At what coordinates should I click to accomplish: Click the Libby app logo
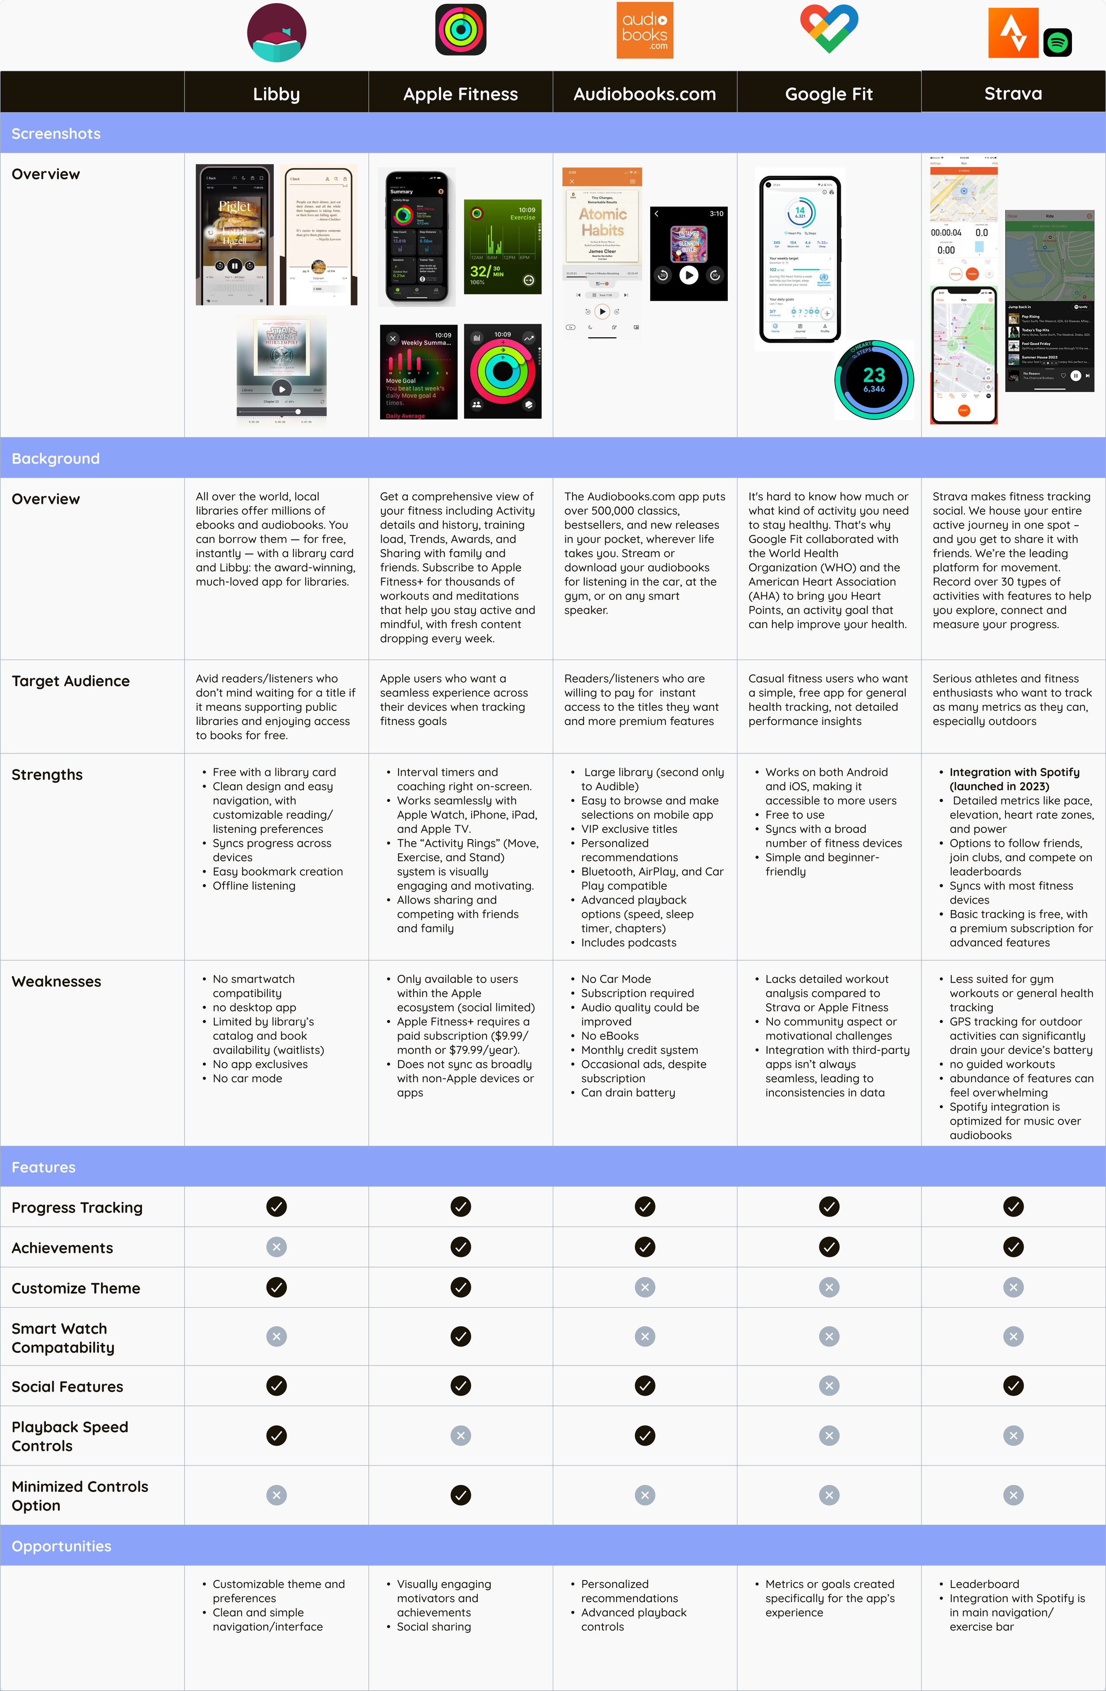276,33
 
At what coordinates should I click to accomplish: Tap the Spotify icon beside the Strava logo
1057,42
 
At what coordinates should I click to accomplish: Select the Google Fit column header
829,94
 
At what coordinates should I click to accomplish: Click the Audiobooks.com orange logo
645,31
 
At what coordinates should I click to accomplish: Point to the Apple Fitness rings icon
461,30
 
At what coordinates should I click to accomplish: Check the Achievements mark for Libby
276,1247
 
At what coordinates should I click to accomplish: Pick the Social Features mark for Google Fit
829,1386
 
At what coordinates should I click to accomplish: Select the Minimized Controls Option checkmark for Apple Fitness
461,1495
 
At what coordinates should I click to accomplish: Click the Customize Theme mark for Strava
1013,1287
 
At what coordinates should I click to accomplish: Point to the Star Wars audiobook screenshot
281,370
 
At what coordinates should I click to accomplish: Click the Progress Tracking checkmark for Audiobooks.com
645,1206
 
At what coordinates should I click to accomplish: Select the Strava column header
1013,93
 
